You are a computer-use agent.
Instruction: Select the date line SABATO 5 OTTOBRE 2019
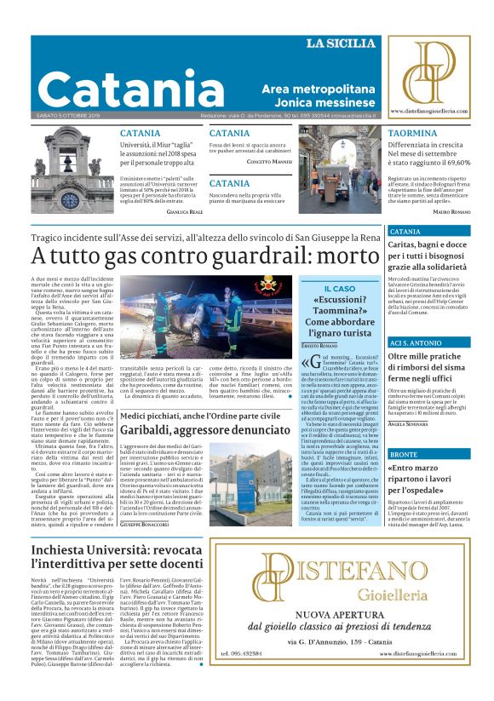(x=68, y=117)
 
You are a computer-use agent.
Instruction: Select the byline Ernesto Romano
(x=319, y=346)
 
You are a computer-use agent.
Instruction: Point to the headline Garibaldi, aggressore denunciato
(x=203, y=431)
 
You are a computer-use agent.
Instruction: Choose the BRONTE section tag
(x=404, y=455)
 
